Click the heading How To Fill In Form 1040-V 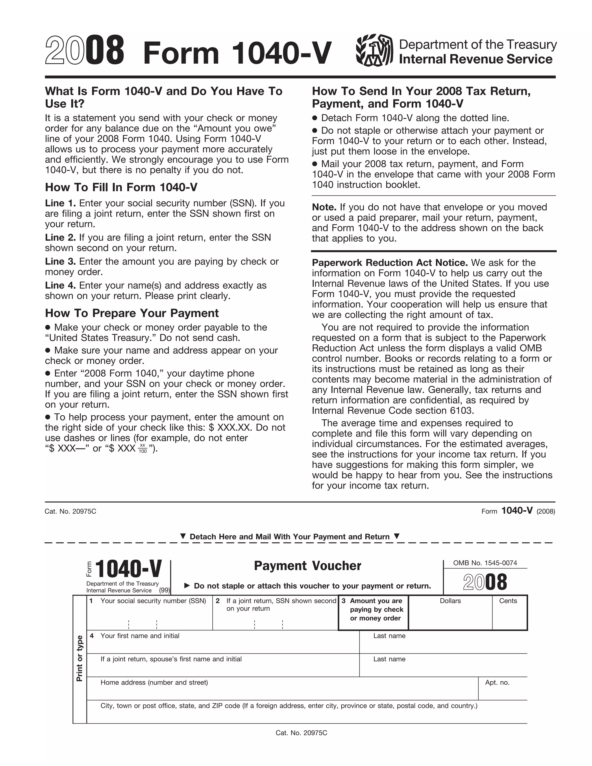coord(121,187)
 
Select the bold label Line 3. coord(60,262)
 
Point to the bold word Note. coord(324,207)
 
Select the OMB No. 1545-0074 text coord(485,563)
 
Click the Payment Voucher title coord(307,566)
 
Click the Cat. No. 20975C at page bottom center coord(301,733)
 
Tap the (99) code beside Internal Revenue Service coord(164,590)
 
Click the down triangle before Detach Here coord(183,536)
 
